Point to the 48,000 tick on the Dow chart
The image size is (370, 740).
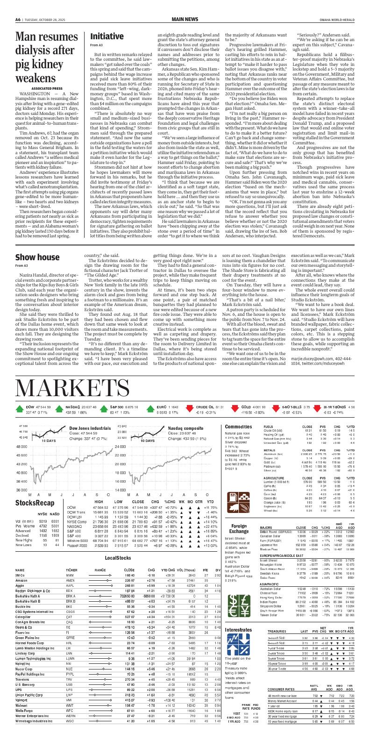[22, 447]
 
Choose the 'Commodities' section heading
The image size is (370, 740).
[238, 427]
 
